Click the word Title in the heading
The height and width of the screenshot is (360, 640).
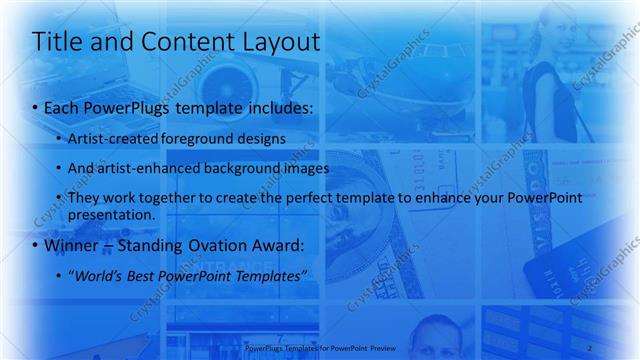(57, 42)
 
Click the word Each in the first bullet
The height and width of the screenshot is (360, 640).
(63, 106)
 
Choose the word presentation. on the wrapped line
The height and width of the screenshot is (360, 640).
(112, 214)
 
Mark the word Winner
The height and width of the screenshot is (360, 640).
(72, 245)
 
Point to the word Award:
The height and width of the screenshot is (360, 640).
(275, 245)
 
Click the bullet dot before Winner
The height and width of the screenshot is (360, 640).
(36, 246)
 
